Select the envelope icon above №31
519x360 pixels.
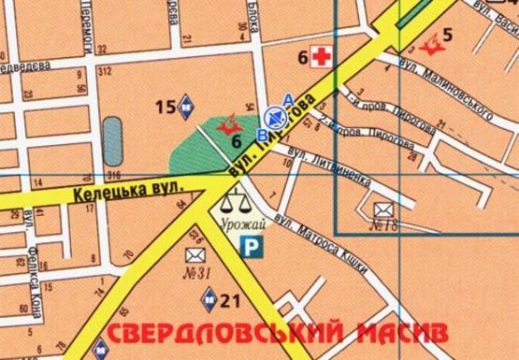(x=195, y=254)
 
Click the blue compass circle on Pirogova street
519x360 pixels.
(x=275, y=116)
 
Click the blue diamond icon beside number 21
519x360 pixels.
(x=209, y=298)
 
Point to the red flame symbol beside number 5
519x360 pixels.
(x=432, y=42)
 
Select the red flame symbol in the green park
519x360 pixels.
(x=225, y=124)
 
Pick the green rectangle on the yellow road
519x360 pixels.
(x=410, y=13)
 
